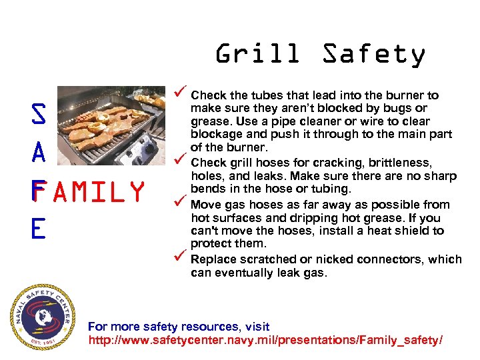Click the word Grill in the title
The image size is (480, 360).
[257, 54]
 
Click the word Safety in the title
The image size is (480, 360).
[373, 54]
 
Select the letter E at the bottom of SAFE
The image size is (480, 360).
[38, 229]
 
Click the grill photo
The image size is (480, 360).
[111, 127]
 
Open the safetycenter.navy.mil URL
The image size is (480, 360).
[265, 341]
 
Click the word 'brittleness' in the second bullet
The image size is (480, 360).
[405, 163]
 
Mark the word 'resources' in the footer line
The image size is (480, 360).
[211, 327]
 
